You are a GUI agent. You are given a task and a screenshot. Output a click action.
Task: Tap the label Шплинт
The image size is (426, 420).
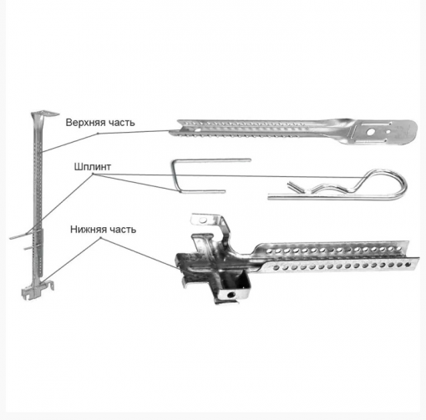tap(93, 167)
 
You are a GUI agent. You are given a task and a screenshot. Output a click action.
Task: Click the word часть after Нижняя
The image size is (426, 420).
tap(123, 230)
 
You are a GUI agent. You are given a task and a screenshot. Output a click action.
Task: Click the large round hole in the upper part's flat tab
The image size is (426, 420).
tap(371, 132)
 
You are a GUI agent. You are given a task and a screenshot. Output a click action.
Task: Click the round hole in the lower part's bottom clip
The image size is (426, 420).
tap(230, 295)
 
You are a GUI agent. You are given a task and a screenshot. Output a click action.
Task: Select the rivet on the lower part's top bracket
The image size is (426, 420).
tap(201, 220)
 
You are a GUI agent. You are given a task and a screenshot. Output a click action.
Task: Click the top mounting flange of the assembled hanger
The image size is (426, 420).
tap(44, 114)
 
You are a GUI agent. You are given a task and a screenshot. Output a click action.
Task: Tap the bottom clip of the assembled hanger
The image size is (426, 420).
tap(38, 290)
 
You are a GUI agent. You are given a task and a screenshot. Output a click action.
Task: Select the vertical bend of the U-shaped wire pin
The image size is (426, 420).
tap(175, 176)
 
